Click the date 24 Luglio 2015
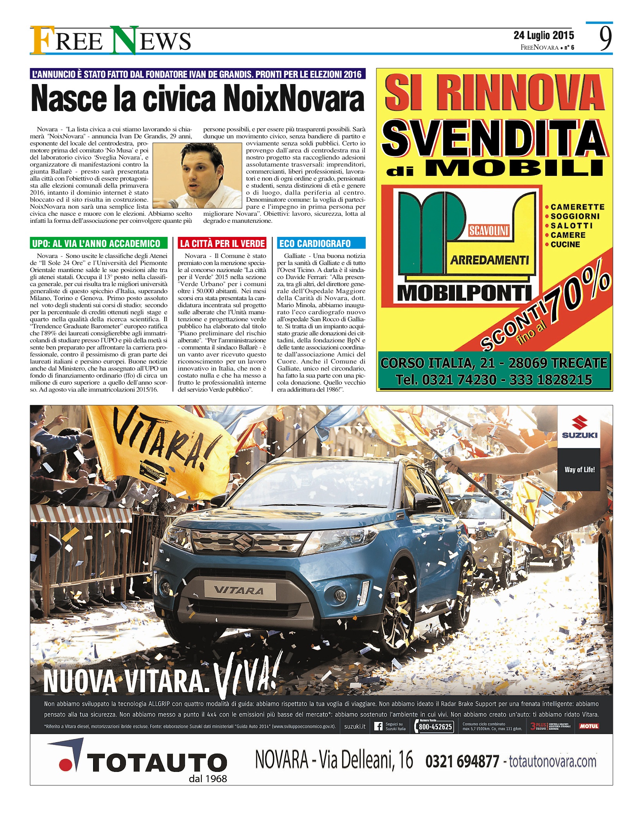pyautogui.click(x=544, y=36)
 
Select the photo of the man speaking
pyautogui.click(x=198, y=175)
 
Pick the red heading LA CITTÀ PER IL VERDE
pyautogui.click(x=222, y=243)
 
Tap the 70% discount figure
pyautogui.click(x=579, y=297)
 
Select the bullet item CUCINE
pyautogui.click(x=565, y=245)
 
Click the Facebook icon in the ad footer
pyautogui.click(x=378, y=726)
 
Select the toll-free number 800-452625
pyautogui.click(x=435, y=727)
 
